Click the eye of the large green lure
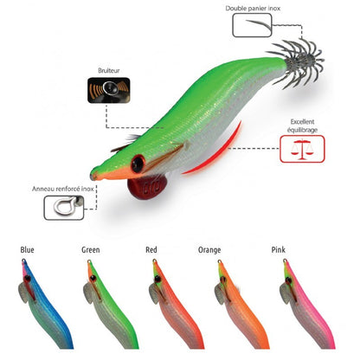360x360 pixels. click(138, 164)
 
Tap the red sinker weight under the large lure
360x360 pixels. click(147, 187)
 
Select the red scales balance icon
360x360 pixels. click(302, 149)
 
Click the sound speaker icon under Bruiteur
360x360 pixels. click(109, 90)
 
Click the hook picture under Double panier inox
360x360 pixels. click(259, 25)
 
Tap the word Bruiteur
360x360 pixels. click(109, 71)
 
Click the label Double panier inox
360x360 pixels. click(253, 9)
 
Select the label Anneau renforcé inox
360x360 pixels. click(63, 189)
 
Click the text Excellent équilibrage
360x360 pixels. click(302, 125)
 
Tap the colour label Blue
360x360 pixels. click(27, 250)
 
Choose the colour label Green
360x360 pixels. click(91, 250)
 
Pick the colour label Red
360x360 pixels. click(151, 250)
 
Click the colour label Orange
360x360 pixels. click(209, 250)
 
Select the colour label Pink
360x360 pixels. click(279, 250)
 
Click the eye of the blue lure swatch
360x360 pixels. click(28, 278)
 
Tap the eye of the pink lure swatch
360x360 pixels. click(288, 280)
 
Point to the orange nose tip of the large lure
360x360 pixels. click(93, 175)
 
